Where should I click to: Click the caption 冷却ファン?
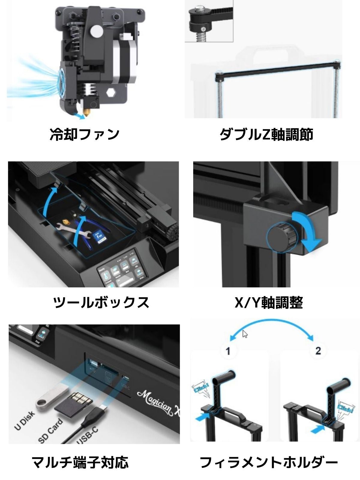(85, 134)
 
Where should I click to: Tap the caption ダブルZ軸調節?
(266, 134)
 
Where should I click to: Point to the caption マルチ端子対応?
(80, 462)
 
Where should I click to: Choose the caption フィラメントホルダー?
(269, 462)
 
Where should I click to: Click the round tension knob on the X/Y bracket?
(279, 237)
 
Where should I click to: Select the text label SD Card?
(51, 431)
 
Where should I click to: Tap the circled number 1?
(228, 350)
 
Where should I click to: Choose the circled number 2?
(318, 350)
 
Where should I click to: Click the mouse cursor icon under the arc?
(245, 334)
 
